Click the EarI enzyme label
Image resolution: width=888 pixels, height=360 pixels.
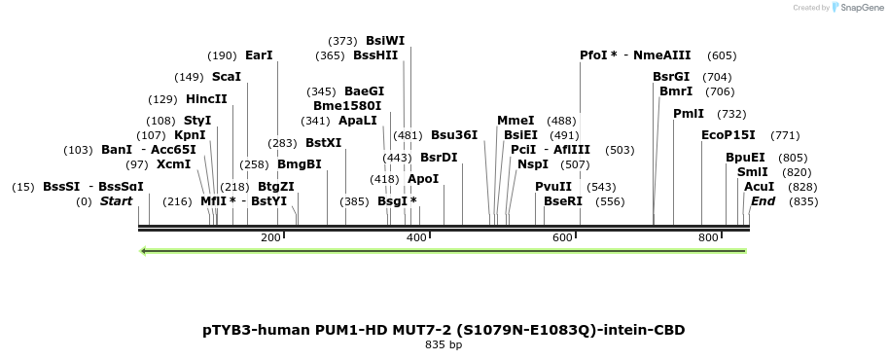point(259,55)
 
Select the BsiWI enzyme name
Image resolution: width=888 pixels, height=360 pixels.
point(385,41)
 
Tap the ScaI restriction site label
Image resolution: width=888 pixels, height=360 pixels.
point(226,77)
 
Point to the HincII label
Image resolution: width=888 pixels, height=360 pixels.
point(206,99)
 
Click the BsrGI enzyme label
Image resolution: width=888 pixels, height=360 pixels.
point(671,77)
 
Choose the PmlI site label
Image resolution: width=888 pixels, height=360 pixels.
point(688,114)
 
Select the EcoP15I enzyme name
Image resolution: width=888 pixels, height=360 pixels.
point(728,135)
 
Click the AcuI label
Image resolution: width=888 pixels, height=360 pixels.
point(759,186)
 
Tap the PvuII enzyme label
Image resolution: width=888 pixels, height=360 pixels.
point(553,186)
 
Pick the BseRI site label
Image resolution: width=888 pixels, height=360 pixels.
point(562,201)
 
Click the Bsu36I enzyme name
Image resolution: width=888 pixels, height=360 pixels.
point(454,135)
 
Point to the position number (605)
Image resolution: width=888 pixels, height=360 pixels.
point(722,55)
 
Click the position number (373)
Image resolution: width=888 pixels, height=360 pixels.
point(342,41)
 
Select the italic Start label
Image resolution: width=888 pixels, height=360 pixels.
point(117,201)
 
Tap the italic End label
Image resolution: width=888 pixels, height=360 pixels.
point(763,201)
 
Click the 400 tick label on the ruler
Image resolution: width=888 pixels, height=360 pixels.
point(416,238)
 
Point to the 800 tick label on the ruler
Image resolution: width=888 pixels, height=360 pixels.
point(708,238)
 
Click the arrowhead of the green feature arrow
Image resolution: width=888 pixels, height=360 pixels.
point(144,251)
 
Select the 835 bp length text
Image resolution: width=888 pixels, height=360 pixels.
point(444,344)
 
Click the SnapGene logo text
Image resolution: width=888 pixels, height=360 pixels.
point(861,8)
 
